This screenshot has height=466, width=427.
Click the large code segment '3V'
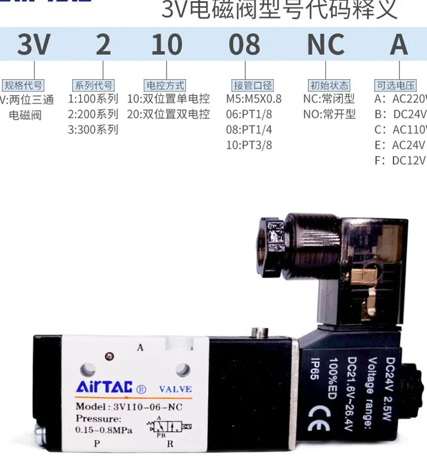pyautogui.click(x=34, y=45)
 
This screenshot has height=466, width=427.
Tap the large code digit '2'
pyautogui.click(x=103, y=45)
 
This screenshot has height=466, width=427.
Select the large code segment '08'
pyautogui.click(x=244, y=45)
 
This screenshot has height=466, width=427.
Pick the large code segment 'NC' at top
pyautogui.click(x=325, y=45)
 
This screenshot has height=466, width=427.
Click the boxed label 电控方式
pyautogui.click(x=165, y=85)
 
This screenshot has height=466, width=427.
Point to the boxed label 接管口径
pyautogui.click(x=253, y=85)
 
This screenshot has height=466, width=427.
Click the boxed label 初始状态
pyautogui.click(x=328, y=85)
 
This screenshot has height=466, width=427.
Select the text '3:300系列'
pyautogui.click(x=93, y=130)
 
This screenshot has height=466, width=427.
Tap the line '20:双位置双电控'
pyautogui.click(x=168, y=114)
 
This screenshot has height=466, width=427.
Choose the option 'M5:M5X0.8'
pyautogui.click(x=253, y=99)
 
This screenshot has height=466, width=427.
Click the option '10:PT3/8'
pyautogui.click(x=249, y=145)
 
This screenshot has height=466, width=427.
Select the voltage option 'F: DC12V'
pyautogui.click(x=399, y=160)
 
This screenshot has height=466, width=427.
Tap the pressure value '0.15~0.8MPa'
pyautogui.click(x=104, y=430)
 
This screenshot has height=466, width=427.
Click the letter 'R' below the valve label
pyautogui.click(x=170, y=444)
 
